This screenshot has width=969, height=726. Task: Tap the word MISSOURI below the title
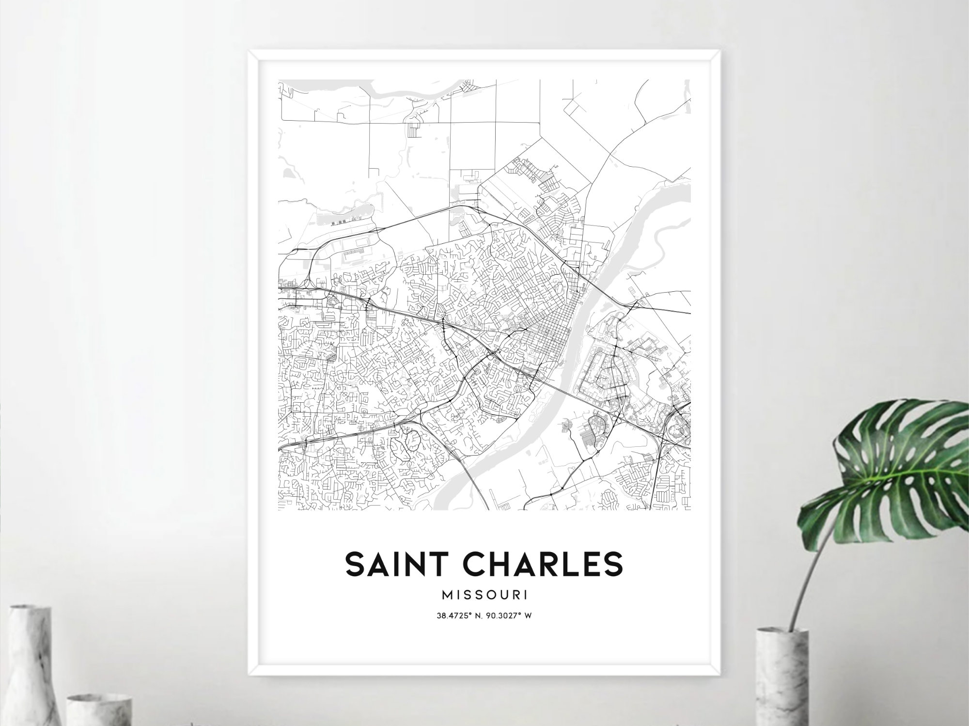484,594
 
